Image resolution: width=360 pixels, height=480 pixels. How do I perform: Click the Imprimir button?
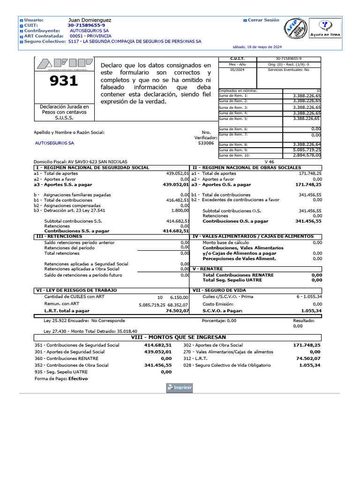click(180, 388)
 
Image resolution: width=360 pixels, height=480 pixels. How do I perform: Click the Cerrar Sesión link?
click(263, 20)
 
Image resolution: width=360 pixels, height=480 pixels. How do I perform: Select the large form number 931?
click(64, 81)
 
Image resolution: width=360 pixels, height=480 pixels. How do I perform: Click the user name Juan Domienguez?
click(90, 21)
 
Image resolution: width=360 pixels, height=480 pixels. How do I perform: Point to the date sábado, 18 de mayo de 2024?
click(257, 47)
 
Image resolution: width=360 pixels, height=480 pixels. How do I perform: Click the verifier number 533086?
click(206, 143)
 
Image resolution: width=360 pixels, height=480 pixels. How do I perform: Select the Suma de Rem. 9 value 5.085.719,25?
click(307, 150)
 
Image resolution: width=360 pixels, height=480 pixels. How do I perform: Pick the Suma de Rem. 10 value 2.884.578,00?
click(307, 155)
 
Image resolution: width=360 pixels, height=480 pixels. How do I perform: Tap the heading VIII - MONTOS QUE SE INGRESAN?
click(178, 337)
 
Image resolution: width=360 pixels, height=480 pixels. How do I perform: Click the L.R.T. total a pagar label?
click(67, 311)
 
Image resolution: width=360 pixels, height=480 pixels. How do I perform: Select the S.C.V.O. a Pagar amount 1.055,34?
click(311, 311)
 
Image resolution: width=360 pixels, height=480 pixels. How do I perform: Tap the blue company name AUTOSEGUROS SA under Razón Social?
click(54, 143)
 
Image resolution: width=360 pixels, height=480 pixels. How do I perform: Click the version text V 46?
click(270, 161)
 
